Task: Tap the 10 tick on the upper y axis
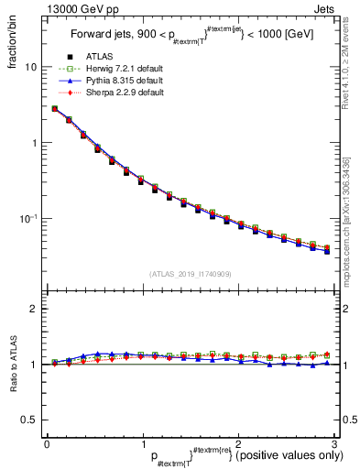click(x=31, y=67)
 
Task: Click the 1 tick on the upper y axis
click(x=34, y=143)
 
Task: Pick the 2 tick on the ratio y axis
click(x=34, y=309)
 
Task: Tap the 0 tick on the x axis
click(x=48, y=443)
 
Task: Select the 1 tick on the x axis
click(x=143, y=443)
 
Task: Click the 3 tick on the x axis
click(x=333, y=443)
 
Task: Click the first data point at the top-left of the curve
click(x=55, y=108)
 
